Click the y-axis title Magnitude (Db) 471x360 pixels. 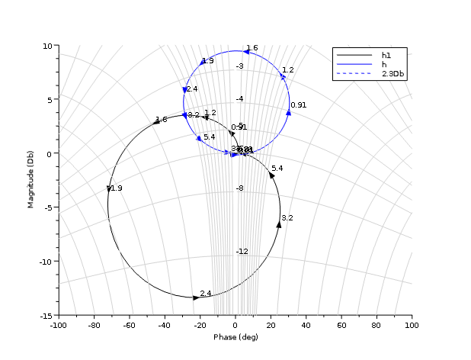coord(30,181)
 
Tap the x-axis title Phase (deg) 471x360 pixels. coord(235,337)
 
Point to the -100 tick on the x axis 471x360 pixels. coord(58,325)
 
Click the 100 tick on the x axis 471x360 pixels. coord(412,325)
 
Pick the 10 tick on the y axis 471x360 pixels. coord(46,46)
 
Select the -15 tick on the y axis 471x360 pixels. coord(44,315)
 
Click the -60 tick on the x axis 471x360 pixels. coord(129,325)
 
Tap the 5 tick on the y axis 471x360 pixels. coord(48,100)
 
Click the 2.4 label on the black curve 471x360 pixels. coord(206,294)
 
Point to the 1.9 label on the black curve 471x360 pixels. coord(117,188)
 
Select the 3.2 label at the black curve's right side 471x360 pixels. coord(287,218)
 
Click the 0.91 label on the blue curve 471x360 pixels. coord(298,105)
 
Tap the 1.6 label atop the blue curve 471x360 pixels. coord(252,48)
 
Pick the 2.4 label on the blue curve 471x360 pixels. coord(191,89)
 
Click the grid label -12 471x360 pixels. coord(242,252)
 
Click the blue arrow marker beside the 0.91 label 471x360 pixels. coord(289,112)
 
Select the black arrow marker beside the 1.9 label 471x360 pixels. coord(109,188)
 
